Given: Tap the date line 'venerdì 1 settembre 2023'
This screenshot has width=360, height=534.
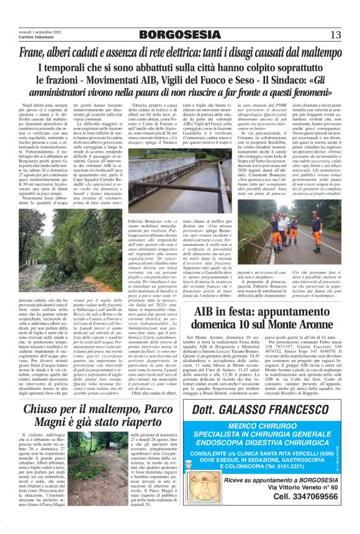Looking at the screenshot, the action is pos(32,30).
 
